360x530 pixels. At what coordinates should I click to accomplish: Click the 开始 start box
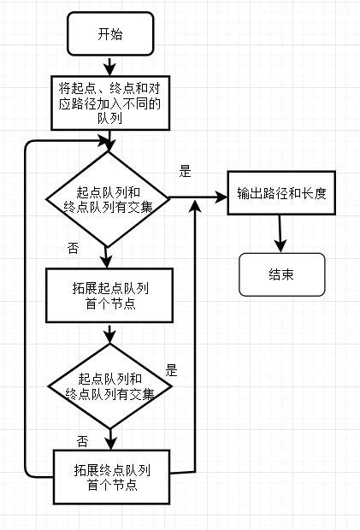(110, 34)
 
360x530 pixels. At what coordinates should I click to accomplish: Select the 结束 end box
(282, 274)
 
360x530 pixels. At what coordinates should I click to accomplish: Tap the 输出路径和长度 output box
(281, 193)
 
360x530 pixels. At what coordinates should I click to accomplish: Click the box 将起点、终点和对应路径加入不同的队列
(110, 103)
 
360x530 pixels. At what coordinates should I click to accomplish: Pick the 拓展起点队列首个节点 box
(109, 296)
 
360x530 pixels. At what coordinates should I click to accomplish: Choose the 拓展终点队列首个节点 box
(111, 477)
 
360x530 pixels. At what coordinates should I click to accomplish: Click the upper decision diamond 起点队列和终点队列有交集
(108, 199)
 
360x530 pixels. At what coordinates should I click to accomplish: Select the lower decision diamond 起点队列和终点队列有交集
(109, 386)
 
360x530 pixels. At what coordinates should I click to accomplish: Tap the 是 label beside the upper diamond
(186, 171)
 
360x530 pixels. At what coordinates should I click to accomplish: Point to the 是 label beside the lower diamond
(171, 370)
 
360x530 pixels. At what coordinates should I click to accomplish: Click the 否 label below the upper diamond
(74, 249)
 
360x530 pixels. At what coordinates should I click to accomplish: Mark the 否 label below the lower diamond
(83, 441)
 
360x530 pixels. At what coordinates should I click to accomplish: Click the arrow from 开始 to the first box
(109, 66)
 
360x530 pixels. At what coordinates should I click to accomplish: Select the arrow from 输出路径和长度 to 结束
(280, 233)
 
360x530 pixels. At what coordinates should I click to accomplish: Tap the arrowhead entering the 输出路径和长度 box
(221, 197)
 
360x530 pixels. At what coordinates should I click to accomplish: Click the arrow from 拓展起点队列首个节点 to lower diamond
(109, 333)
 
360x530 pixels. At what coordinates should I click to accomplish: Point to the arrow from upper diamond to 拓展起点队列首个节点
(107, 257)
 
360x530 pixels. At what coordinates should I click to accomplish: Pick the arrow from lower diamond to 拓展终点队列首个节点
(110, 439)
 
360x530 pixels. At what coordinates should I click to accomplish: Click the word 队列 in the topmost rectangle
(109, 119)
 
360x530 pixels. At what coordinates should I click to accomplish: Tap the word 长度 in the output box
(315, 193)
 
